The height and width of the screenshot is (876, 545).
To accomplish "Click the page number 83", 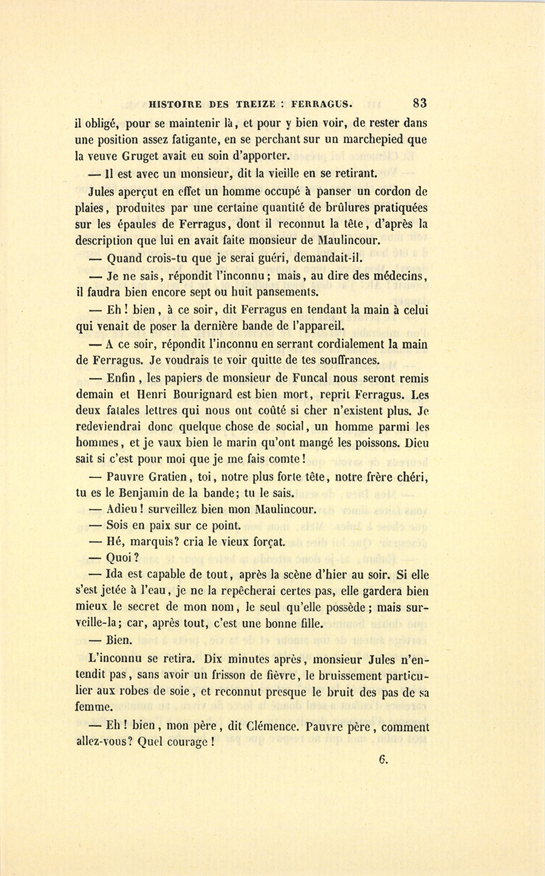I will point(419,103).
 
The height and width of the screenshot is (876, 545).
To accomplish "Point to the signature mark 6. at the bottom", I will point(383,760).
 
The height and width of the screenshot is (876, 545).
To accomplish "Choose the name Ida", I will point(116,575).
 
